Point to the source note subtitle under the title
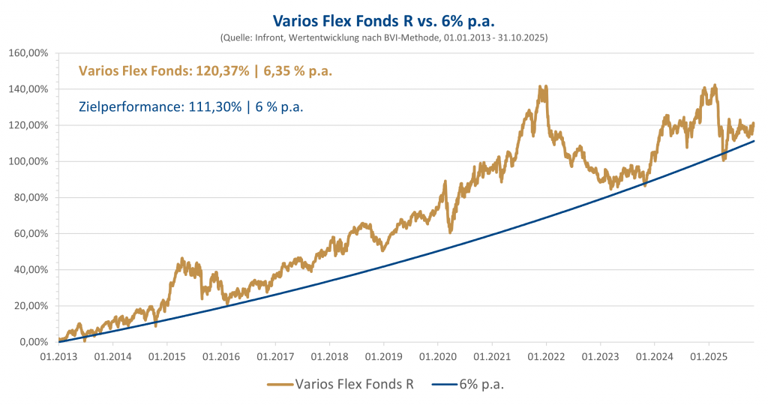[x=384, y=36]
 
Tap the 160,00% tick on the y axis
[x=28, y=53]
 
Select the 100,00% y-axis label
[x=28, y=161]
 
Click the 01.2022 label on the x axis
[x=546, y=357]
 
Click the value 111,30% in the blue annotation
[x=214, y=106]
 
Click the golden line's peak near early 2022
[x=542, y=87]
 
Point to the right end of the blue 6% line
[x=754, y=141]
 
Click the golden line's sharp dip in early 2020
[x=450, y=229]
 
